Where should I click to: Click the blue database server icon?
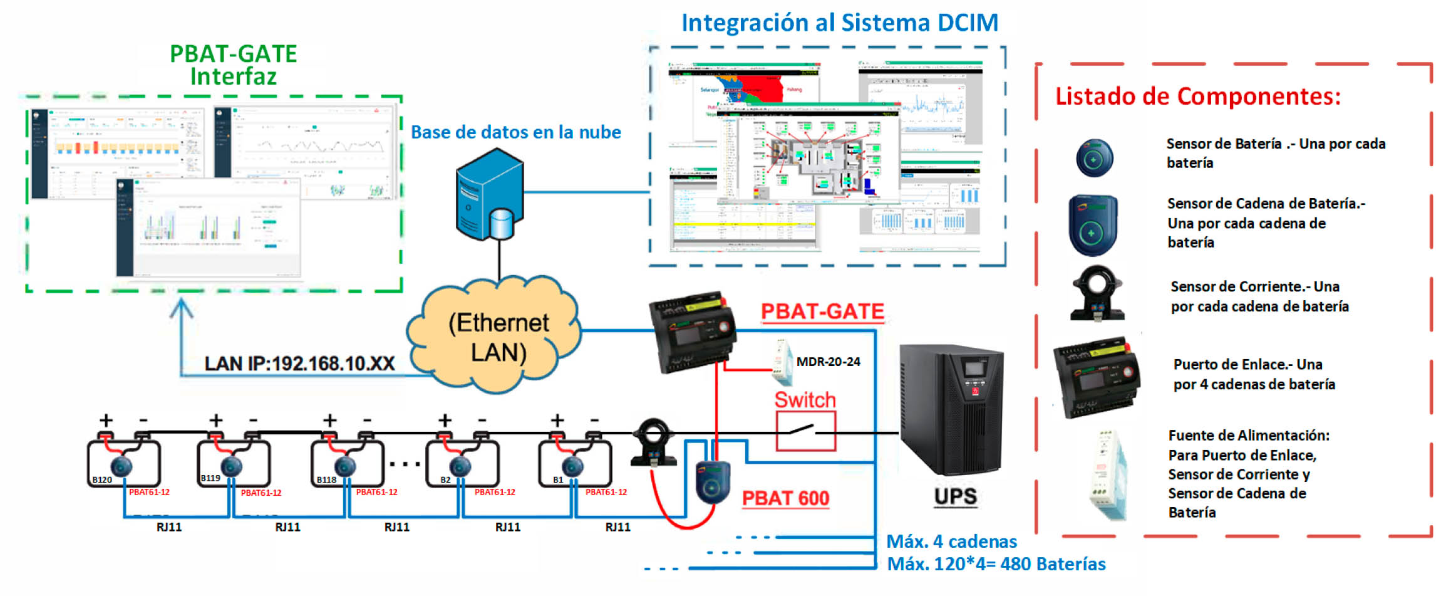(x=489, y=194)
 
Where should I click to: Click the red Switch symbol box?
(x=805, y=431)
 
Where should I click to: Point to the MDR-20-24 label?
(x=828, y=362)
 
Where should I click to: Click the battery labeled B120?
(x=123, y=464)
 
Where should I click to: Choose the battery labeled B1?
(x=575, y=464)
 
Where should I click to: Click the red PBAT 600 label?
(x=785, y=498)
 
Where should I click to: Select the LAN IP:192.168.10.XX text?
(x=299, y=363)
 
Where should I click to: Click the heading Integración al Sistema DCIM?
(x=839, y=23)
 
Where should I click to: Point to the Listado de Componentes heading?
(x=1197, y=97)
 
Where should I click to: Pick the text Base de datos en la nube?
(x=515, y=132)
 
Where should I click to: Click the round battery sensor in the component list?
(x=1094, y=158)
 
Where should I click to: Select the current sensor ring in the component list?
(x=1097, y=292)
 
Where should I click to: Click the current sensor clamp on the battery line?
(x=654, y=441)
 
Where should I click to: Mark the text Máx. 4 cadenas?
(x=951, y=541)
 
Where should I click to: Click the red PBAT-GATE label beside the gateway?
(x=822, y=311)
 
